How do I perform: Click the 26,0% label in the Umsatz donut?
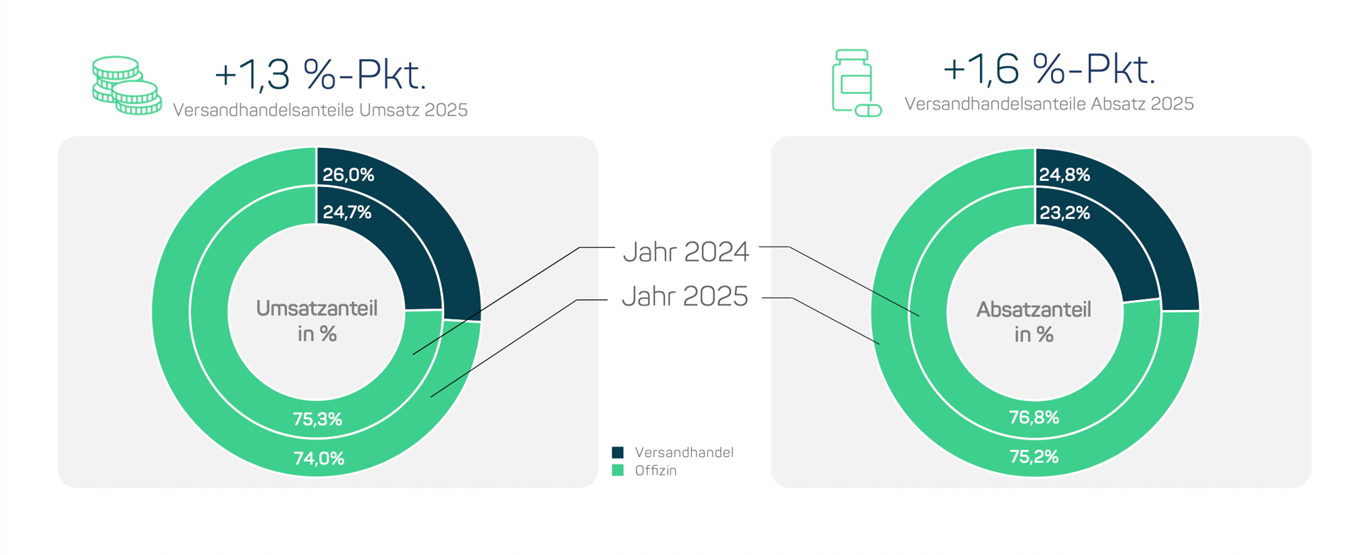(348, 175)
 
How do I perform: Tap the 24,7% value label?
(347, 213)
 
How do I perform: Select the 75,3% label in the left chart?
(317, 419)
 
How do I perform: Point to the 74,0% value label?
(319, 458)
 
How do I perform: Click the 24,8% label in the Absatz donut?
(1064, 175)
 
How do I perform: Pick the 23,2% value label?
(1064, 213)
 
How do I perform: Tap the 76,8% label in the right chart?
(1034, 417)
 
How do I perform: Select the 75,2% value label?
(1034, 456)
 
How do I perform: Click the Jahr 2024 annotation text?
(686, 252)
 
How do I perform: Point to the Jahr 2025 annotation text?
(685, 296)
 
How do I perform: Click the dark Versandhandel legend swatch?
(618, 452)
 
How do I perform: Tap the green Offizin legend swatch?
(618, 471)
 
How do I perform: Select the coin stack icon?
(127, 86)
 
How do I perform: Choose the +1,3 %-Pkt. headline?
(321, 74)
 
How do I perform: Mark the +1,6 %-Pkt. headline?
(1049, 69)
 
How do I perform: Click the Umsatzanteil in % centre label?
(317, 321)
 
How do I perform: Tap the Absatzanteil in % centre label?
(1034, 322)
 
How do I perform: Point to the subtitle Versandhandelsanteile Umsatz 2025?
(321, 110)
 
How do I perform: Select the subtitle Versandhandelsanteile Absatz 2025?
(1049, 104)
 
